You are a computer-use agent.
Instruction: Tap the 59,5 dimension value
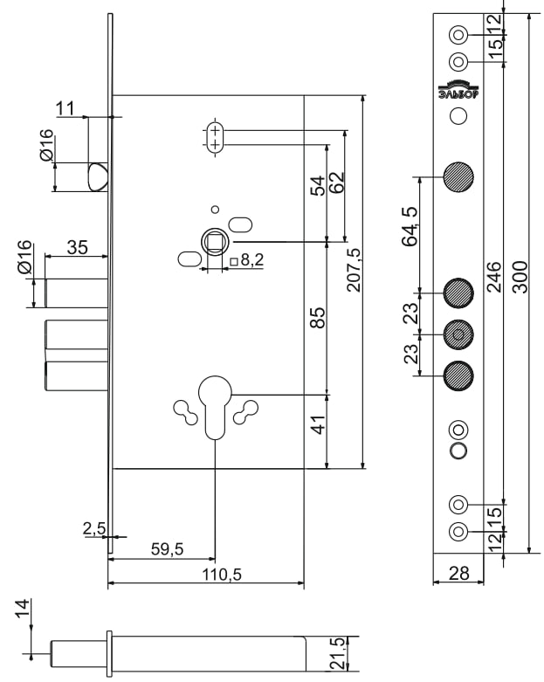(x=166, y=548)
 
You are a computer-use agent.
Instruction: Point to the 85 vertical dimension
(x=318, y=319)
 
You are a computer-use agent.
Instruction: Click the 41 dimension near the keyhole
(x=318, y=425)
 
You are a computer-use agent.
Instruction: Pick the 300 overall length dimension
(x=520, y=277)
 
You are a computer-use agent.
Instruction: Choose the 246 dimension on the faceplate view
(x=493, y=277)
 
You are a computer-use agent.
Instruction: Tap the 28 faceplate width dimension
(x=458, y=574)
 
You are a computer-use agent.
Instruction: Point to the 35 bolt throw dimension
(x=77, y=248)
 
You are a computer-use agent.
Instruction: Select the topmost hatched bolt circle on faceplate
(x=458, y=177)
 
